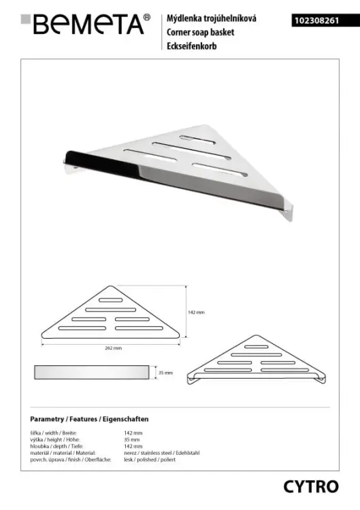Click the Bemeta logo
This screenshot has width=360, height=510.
tap(85, 24)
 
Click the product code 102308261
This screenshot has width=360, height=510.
tap(317, 21)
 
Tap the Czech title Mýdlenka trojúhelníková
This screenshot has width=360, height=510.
tap(211, 18)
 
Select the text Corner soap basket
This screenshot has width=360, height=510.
tap(200, 32)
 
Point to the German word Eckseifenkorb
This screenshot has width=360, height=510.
tap(191, 46)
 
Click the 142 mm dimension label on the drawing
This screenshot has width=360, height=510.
tap(196, 312)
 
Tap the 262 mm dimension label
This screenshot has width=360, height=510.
tap(113, 348)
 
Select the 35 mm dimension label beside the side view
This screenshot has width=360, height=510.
tap(165, 373)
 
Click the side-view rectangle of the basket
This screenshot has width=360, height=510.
tap(91, 372)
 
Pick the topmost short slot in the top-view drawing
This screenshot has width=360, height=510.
tap(111, 300)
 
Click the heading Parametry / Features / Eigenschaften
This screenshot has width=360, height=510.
tap(89, 419)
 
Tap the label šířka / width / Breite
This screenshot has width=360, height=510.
tap(53, 433)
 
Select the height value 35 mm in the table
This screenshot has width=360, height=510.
tap(131, 440)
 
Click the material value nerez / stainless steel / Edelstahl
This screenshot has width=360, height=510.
tap(162, 453)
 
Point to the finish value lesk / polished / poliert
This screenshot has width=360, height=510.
tap(150, 460)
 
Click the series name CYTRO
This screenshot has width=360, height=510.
tap(311, 487)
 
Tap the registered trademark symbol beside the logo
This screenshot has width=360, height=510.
tap(147, 17)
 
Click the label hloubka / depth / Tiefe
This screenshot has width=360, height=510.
tap(56, 446)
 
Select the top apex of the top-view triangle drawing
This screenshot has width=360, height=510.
tap(111, 286)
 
